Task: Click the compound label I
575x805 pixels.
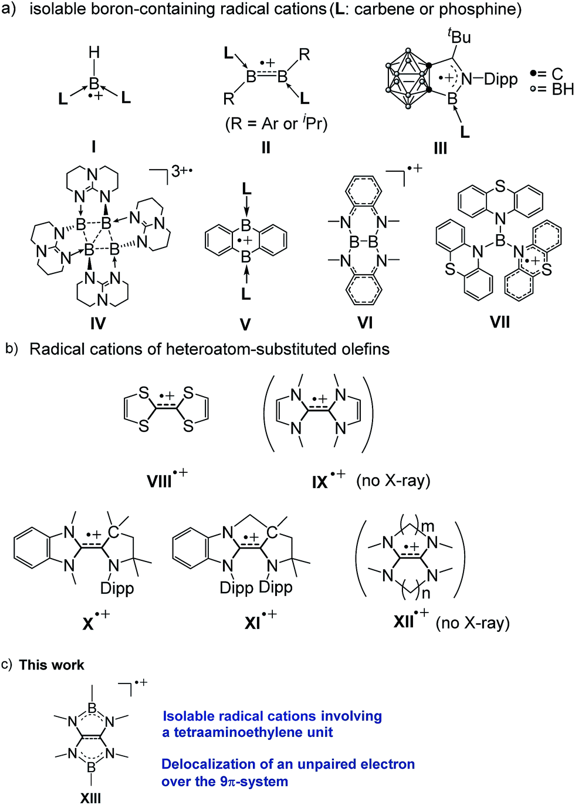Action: coord(94,146)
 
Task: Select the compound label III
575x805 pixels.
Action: coord(441,148)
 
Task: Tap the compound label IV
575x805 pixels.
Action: coord(98,323)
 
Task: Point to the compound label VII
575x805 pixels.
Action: coord(500,322)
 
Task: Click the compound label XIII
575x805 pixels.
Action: coord(91,797)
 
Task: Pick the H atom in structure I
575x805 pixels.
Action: coord(94,53)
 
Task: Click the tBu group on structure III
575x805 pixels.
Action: coord(459,36)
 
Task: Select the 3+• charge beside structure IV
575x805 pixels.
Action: coord(182,172)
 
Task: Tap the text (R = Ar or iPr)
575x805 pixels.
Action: coord(276,124)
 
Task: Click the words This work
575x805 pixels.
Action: coord(52,665)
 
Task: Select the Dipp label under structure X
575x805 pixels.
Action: coord(117,588)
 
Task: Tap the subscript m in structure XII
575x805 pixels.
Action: coord(428,526)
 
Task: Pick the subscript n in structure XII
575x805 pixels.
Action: coord(426,593)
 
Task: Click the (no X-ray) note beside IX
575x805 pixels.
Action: coord(393,481)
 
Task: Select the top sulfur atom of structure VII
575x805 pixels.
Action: coord(500,186)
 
